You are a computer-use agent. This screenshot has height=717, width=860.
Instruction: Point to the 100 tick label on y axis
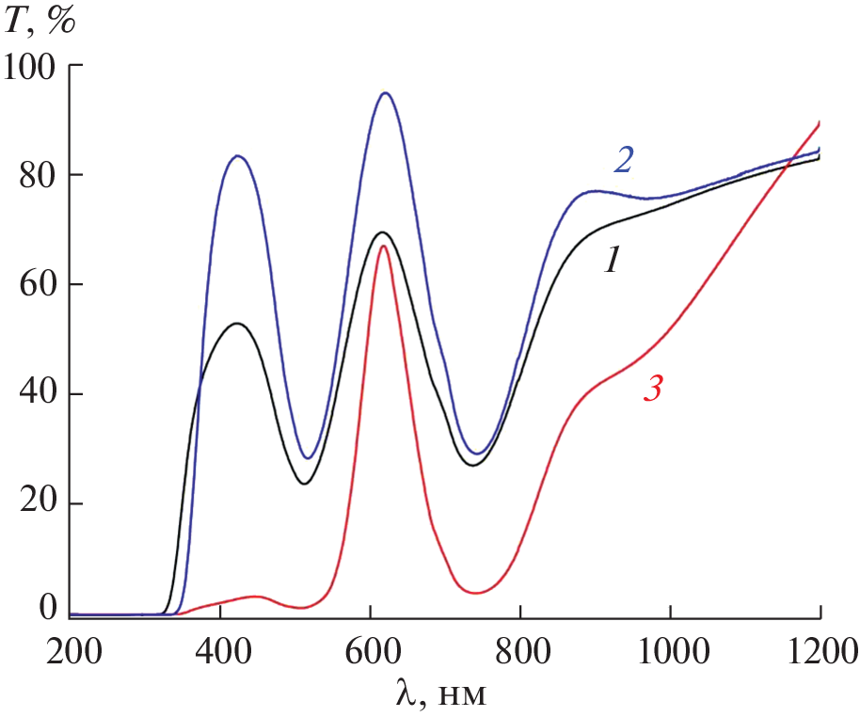point(30,66)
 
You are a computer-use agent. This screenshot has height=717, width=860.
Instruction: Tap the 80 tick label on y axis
point(38,175)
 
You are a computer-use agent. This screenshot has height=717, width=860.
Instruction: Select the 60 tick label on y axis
point(38,285)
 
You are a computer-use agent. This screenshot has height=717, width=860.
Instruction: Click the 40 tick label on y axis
point(38,394)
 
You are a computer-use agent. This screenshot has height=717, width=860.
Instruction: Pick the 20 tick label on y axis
point(38,504)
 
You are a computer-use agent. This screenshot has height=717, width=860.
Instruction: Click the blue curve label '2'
point(623,160)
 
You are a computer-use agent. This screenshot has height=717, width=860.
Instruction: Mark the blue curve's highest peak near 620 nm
point(385,92)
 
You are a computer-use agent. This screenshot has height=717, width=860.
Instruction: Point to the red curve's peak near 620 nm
point(383,246)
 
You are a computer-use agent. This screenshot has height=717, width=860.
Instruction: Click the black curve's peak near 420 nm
point(236,324)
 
